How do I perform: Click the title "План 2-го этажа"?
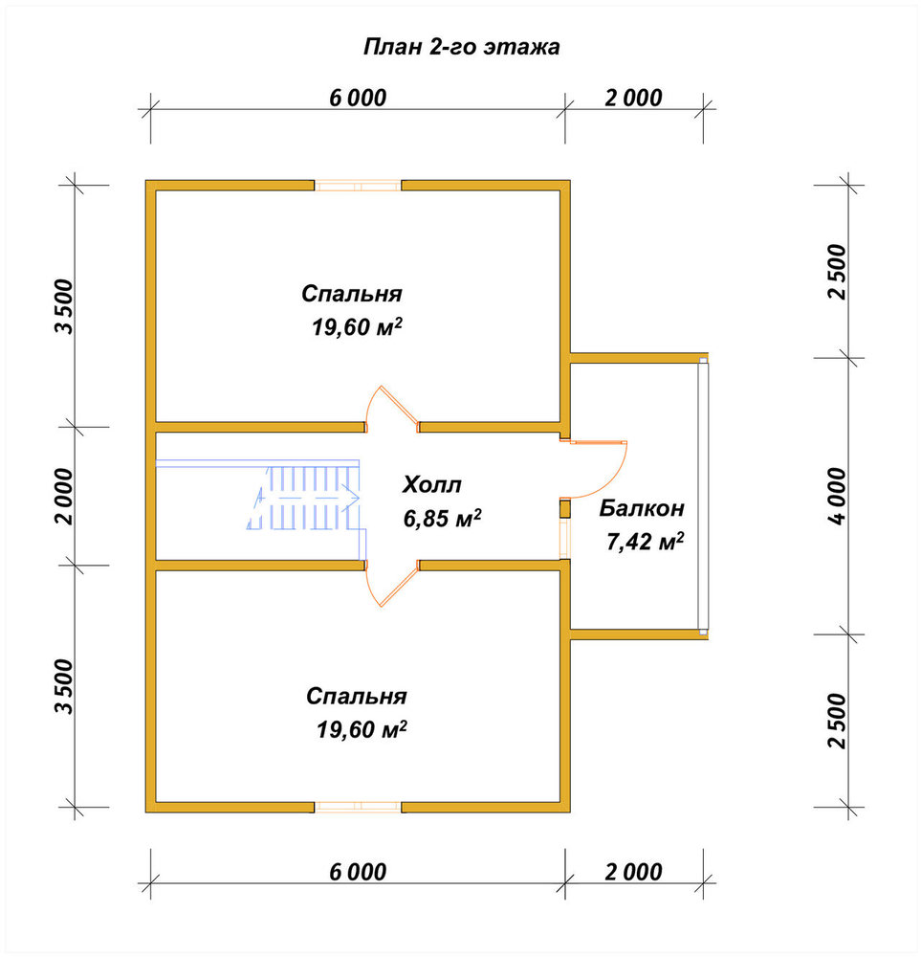pos(461,47)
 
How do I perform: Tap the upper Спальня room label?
pos(352,294)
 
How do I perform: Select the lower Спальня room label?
pos(356,696)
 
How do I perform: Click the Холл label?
pos(432,484)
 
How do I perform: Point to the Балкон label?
pos(642,508)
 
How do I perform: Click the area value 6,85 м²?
pos(442,518)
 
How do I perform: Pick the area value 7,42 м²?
pos(645,541)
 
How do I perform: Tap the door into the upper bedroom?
pos(391,408)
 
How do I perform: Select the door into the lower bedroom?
pos(391,584)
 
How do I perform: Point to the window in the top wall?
pos(358,186)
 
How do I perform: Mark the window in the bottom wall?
pos(358,807)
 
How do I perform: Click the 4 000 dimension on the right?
pos(838,496)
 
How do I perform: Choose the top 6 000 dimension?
pos(358,98)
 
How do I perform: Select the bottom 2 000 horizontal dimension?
pos(634,872)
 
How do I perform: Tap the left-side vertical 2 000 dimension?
pos(63,496)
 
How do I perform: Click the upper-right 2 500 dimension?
pos(838,271)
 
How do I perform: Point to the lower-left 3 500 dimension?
pos(63,686)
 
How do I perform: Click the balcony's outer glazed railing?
pos(703,496)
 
